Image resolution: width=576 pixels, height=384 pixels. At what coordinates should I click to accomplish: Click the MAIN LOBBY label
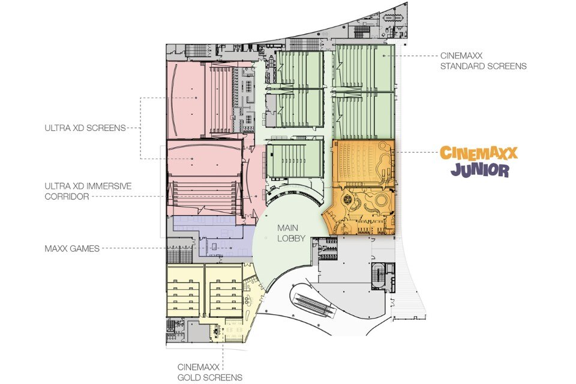(x=291, y=233)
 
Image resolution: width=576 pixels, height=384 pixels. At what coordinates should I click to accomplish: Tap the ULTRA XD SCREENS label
(x=85, y=128)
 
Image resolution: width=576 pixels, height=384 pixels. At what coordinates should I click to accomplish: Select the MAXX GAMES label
(x=72, y=249)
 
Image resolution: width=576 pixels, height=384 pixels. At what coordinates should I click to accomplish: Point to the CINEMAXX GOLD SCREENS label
(x=210, y=372)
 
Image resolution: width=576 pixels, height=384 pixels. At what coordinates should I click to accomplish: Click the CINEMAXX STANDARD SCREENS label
(x=483, y=61)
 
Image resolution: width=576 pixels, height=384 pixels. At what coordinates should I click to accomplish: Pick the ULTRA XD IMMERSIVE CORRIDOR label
(x=88, y=191)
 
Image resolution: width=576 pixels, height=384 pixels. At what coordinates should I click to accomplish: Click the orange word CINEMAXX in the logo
(x=479, y=153)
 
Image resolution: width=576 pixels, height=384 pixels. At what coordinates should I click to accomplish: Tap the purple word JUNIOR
(x=480, y=170)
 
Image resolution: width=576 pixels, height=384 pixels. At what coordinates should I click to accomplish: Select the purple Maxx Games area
(x=212, y=237)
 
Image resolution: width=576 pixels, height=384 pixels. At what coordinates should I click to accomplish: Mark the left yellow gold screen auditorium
(x=185, y=291)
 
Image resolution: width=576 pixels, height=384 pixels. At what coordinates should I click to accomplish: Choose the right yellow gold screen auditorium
(x=224, y=291)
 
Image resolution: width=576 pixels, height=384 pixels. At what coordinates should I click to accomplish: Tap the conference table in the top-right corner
(x=392, y=17)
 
